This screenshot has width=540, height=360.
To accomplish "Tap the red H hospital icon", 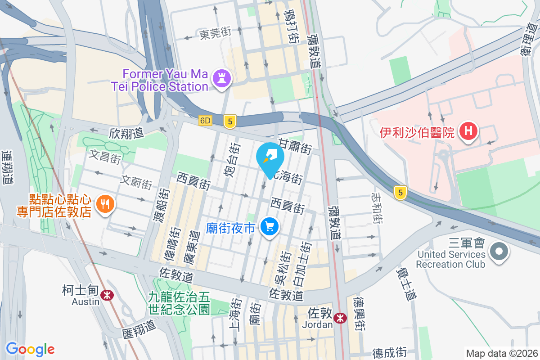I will click(468, 132).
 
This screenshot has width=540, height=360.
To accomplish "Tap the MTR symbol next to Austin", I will click(107, 295).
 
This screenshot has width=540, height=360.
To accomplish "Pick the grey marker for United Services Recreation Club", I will click(499, 251).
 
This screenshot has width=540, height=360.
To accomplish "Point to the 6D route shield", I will click(206, 121).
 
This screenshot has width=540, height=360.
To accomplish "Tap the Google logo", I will click(30, 349).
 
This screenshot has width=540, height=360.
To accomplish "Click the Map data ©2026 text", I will click(501, 353).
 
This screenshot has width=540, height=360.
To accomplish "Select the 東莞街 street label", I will click(215, 33).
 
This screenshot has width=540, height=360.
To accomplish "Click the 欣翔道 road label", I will click(126, 133).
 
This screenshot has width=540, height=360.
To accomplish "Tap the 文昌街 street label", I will click(105, 156).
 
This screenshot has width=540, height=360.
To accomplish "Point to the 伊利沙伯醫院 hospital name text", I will click(418, 133).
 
